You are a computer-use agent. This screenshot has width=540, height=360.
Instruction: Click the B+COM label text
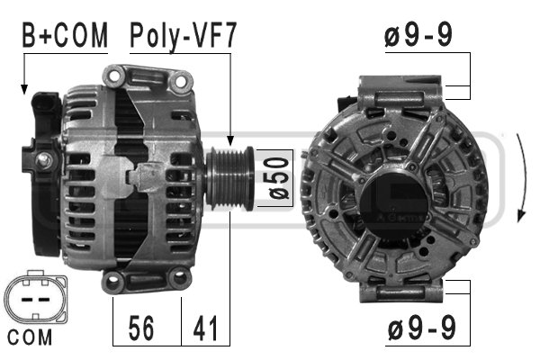pos(65,35)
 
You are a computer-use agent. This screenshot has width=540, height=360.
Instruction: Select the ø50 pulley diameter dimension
pos(278,178)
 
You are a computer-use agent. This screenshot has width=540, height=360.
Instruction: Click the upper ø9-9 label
pos(418,35)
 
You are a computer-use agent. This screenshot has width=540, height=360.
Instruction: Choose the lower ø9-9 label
pos(422,328)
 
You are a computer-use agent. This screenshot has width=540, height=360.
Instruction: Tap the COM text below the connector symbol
pos(30,337)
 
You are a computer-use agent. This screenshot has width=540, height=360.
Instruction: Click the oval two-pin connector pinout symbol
pos(36,297)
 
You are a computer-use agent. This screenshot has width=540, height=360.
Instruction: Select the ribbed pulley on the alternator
pos(229,178)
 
